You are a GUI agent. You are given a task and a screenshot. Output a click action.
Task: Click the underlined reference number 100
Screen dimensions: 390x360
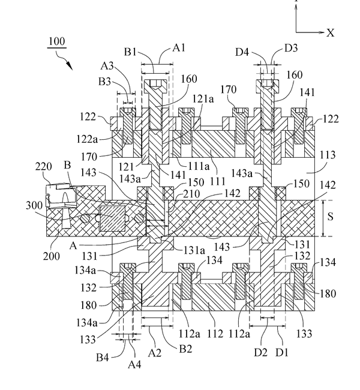coord(56,43)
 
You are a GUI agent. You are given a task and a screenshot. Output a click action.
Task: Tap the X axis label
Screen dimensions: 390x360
coord(331,33)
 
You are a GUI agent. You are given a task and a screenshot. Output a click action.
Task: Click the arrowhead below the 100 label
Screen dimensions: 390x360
coord(71,65)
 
